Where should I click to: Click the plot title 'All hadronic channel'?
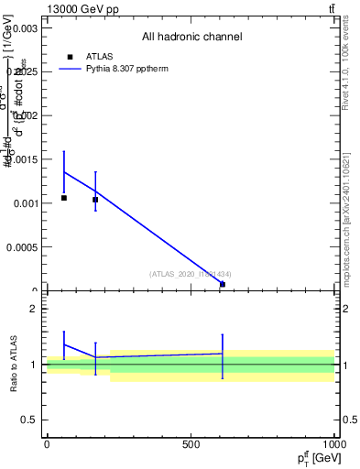191,38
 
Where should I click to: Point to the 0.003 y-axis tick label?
25,28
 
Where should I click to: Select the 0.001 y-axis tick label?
25,203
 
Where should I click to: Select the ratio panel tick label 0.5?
29,420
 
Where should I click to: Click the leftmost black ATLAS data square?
64,198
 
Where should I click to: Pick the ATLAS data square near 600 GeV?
223,284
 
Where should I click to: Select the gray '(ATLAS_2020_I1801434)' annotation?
191,274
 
